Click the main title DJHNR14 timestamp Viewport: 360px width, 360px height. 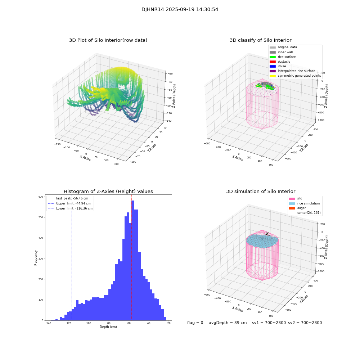(x=180, y=10)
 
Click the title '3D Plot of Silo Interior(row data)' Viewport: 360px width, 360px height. (x=108, y=40)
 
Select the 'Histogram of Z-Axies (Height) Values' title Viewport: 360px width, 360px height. (x=108, y=192)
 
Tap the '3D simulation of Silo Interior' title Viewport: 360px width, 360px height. (x=261, y=192)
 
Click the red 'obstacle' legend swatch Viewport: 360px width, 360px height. (x=273, y=62)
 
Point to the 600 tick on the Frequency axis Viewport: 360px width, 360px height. (x=41, y=197)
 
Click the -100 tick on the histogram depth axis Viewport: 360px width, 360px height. (x=88, y=323)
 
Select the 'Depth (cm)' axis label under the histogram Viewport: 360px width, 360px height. (x=108, y=327)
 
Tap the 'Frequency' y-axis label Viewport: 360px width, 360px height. (x=36, y=258)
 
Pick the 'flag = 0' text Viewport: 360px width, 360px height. (x=195, y=323)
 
